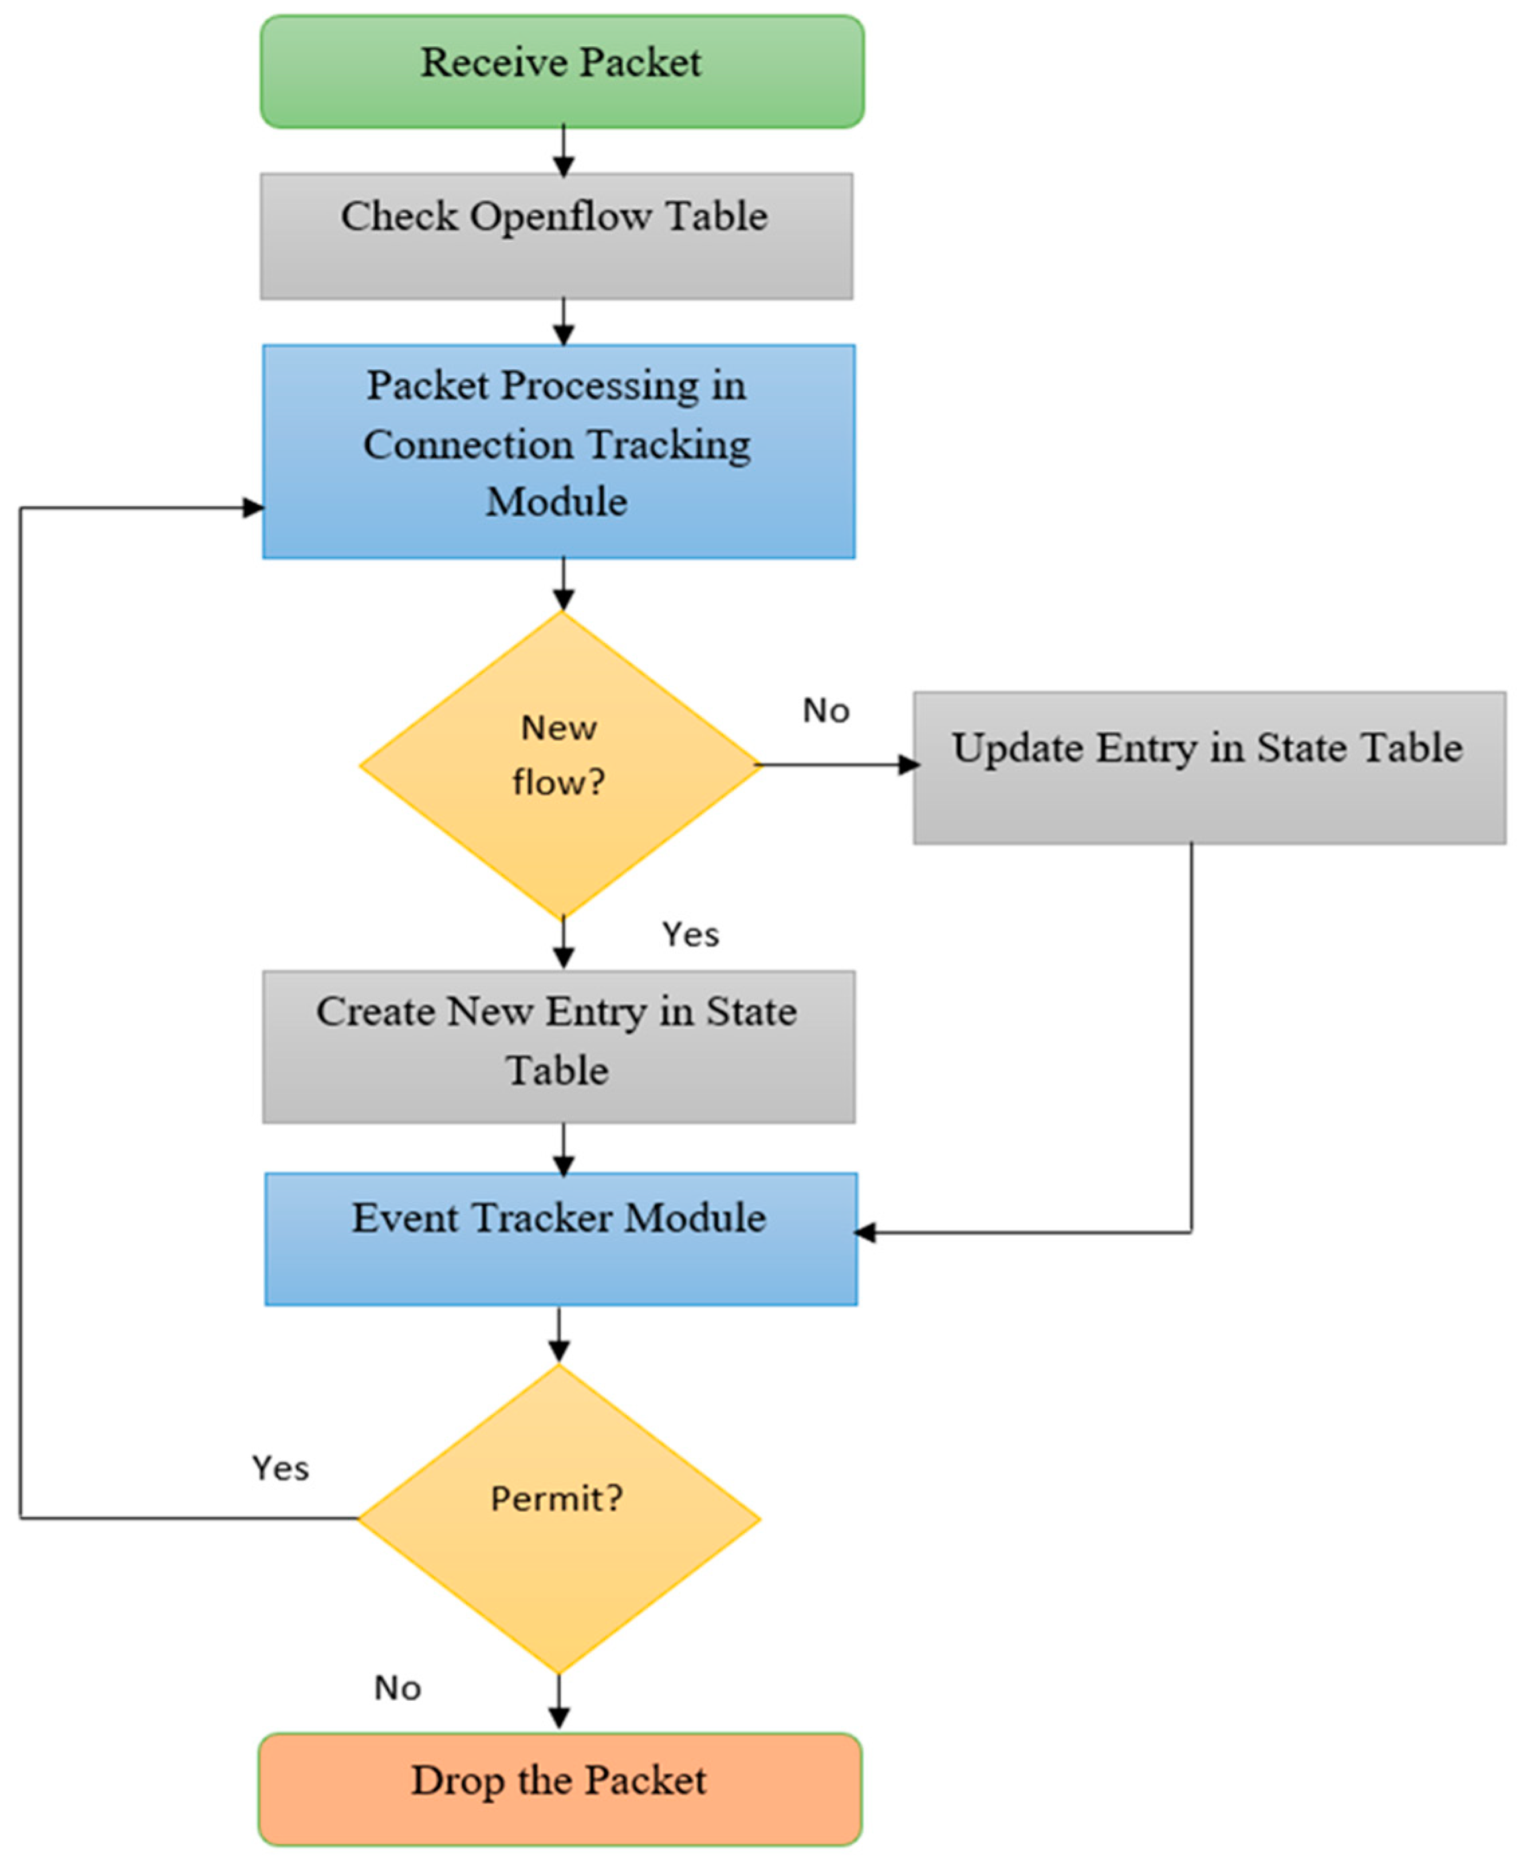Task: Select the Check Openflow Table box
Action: tap(556, 237)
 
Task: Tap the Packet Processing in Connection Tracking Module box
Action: tap(559, 451)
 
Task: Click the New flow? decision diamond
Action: tap(560, 764)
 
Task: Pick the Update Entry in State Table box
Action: tap(1209, 768)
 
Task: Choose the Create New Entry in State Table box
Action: tap(559, 1046)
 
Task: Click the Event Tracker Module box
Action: tap(560, 1239)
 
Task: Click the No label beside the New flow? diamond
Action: tap(826, 711)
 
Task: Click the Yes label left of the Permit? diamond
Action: tap(280, 1468)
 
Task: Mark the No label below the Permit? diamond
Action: tap(397, 1688)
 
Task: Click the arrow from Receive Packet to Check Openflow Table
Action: tap(563, 151)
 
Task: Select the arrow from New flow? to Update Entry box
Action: tap(836, 765)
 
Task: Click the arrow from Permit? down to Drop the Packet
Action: tap(559, 1702)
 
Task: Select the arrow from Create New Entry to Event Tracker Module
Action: tap(563, 1149)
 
